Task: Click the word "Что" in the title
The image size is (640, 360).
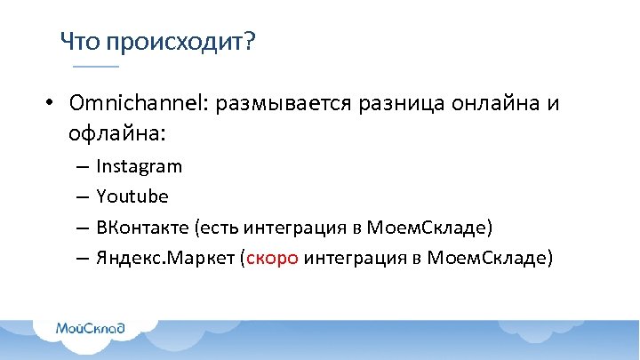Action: [x=79, y=41]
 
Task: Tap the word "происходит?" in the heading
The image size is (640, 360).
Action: [x=179, y=42]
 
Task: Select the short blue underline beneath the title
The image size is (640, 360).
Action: [x=95, y=68]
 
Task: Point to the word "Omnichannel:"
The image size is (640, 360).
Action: [x=137, y=103]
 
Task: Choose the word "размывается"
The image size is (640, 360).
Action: [x=282, y=104]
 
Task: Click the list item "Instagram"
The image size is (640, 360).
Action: [x=139, y=166]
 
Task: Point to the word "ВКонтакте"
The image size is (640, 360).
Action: [x=141, y=228]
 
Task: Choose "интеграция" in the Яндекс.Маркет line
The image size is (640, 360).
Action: [x=347, y=259]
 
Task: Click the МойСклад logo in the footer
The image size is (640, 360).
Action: [x=90, y=329]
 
